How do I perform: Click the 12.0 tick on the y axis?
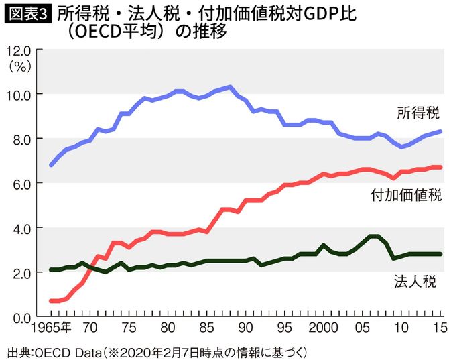[x=17, y=51]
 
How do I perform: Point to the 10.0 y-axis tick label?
[x=17, y=95]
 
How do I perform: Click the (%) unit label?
[x=17, y=66]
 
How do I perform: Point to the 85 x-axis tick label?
[x=208, y=329]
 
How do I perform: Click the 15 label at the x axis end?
[x=438, y=329]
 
